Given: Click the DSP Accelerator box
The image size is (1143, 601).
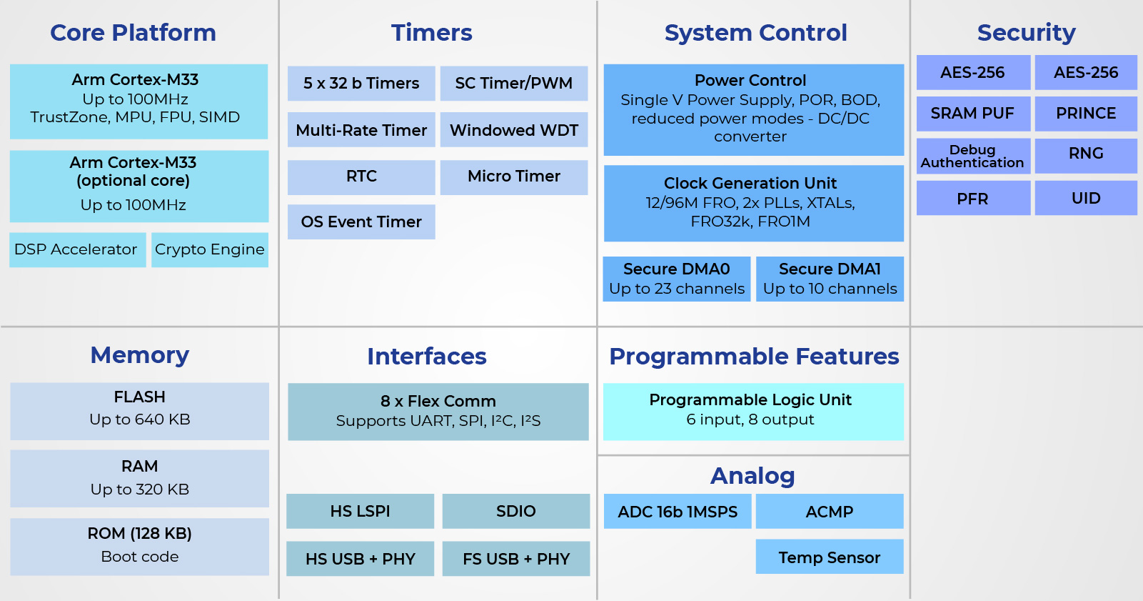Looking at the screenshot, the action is coord(78,249).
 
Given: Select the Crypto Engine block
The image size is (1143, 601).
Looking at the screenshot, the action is coord(210,249).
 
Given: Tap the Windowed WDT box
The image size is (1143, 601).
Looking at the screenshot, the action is coord(514,129).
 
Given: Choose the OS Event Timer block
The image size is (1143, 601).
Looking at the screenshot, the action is coord(361,222).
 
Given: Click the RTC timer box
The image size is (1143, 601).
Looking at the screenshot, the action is coord(361,177).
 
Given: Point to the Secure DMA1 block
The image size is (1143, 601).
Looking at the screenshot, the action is coord(830,279).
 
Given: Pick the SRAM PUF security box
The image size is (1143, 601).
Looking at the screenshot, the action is coord(973,114).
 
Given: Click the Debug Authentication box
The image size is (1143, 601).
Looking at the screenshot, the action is coord(973,156).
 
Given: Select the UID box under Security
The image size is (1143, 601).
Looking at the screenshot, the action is coord(1086,198).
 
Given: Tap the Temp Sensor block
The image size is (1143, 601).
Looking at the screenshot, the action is coord(829,557).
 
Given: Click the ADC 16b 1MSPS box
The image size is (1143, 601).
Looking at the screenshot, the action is coord(678,511).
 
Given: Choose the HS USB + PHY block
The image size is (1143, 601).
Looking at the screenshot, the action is coord(361,559).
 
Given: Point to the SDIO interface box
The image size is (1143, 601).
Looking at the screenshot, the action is coord(516,511).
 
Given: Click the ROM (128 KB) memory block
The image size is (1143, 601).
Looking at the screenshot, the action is coord(140,547).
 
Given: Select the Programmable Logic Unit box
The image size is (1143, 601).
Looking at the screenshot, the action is coord(753,412).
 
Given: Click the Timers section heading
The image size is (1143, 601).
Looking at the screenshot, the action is coord(432,33).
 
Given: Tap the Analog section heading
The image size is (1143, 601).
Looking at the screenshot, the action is coord(752,476).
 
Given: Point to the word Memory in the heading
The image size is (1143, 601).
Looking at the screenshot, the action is coord(140,355).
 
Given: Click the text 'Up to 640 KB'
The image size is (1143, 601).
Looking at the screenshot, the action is coord(140,419).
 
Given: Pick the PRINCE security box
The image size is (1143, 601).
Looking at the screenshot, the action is coord(1086,114).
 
